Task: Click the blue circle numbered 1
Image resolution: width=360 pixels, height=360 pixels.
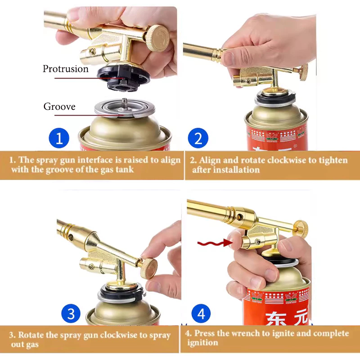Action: click(x=59, y=138)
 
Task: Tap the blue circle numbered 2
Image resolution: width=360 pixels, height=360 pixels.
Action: click(x=198, y=138)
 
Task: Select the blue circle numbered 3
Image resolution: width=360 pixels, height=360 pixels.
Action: click(x=71, y=313)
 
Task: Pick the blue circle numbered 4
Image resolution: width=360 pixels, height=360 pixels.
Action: click(x=201, y=313)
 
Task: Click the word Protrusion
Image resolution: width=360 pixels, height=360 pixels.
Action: click(x=65, y=69)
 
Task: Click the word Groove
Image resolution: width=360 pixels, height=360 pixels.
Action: click(x=59, y=107)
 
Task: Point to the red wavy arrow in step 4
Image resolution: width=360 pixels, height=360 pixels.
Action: click(x=215, y=243)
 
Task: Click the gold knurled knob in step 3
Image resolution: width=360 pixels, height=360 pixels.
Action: click(x=149, y=268)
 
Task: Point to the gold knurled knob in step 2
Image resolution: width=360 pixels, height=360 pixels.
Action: click(x=303, y=72)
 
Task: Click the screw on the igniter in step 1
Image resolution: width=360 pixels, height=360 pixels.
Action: click(x=92, y=51)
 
